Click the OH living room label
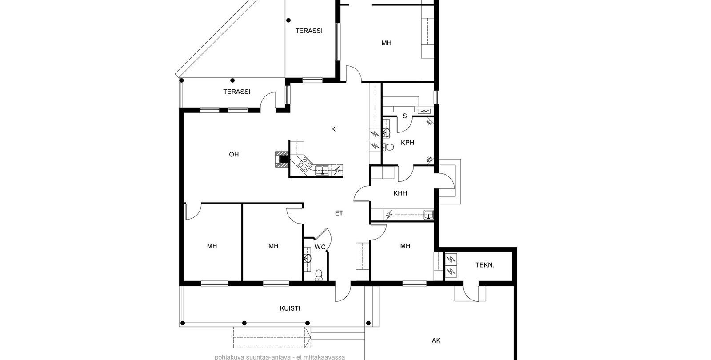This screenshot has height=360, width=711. (x=234, y=155)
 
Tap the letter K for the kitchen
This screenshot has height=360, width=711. (x=333, y=129)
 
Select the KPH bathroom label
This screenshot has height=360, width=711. (x=407, y=143)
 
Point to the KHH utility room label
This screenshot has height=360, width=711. (x=400, y=193)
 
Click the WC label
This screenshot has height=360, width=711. (x=320, y=247)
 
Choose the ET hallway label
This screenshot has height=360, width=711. (x=339, y=213)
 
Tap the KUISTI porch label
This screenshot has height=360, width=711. (x=290, y=308)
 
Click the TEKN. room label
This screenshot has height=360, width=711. (x=485, y=265)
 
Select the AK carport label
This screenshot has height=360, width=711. (x=436, y=340)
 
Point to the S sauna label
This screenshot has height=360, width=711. (x=405, y=116)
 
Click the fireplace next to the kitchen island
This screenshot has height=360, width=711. (x=282, y=159)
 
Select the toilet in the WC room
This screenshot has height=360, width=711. (x=319, y=275)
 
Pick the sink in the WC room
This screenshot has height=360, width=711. (x=307, y=258)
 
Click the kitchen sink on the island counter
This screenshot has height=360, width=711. (x=322, y=170)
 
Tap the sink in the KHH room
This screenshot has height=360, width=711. (x=428, y=215)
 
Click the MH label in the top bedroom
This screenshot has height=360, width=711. (x=386, y=43)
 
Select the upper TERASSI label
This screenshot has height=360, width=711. (x=309, y=31)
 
